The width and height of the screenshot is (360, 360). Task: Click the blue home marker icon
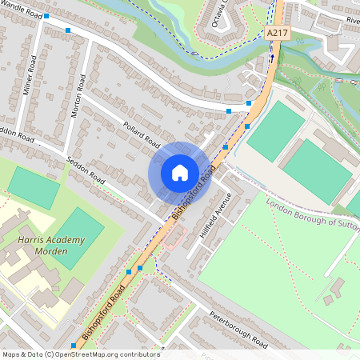tap(180, 172)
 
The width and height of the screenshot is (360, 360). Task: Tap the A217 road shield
tap(277, 33)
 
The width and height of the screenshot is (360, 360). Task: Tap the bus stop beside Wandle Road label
tap(46, 16)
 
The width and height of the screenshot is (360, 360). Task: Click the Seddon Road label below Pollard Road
tap(86, 170)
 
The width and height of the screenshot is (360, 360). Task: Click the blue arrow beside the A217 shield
tap(272, 57)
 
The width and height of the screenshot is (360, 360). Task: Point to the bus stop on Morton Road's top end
tap(68, 30)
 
